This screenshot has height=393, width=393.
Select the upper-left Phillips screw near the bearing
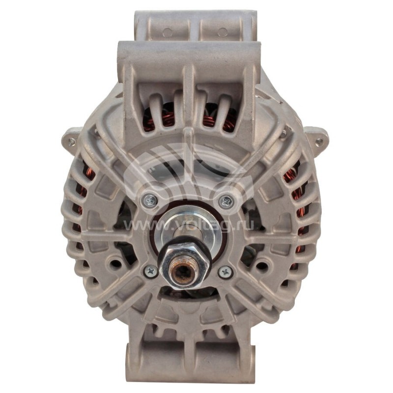[x=150, y=199]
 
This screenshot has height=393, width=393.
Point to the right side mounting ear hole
[x=320, y=141]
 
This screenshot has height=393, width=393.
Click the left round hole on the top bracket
[x=167, y=32]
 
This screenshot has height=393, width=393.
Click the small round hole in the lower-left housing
[x=116, y=264]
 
